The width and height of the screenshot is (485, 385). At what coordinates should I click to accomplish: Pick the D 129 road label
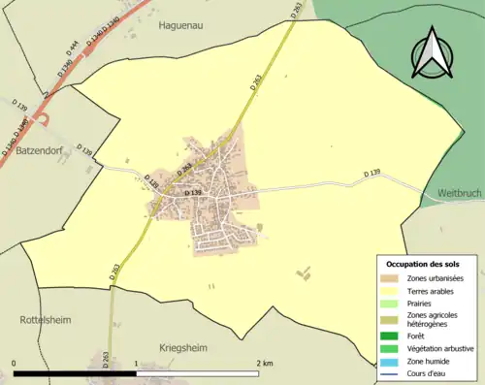(x=151, y=180)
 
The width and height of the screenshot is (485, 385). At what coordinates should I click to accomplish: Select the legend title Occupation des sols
(x=423, y=264)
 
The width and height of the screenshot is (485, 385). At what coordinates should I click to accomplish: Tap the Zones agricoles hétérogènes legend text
(x=433, y=319)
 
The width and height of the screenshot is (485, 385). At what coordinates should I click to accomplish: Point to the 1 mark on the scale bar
(x=135, y=364)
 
